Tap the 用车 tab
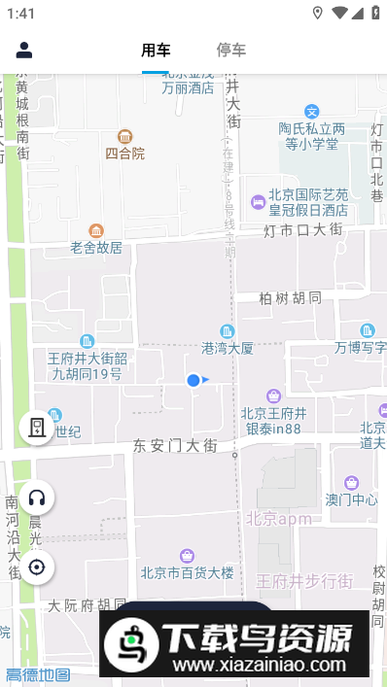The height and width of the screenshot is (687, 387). tap(156, 51)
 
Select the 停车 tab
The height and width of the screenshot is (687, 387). tap(231, 51)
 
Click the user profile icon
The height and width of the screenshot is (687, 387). tap(24, 51)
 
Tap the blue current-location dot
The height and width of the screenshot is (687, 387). tap(193, 380)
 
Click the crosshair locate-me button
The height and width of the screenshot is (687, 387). tap(37, 567)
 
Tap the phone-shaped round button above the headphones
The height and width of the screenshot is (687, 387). tap(37, 427)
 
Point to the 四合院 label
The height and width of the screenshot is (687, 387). tap(124, 153)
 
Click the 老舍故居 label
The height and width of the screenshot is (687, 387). tap(96, 247)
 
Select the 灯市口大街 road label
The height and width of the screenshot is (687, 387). tap(302, 230)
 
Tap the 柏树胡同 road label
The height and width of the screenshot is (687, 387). tap(291, 298)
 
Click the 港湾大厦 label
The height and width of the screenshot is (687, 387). tap(228, 347)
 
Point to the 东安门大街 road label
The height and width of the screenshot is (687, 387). tap(175, 445)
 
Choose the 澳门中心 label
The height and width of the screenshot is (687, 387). tap(351, 499)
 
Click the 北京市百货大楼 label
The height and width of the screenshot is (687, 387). tap(187, 571)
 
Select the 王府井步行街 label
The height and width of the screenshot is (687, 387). tap(303, 581)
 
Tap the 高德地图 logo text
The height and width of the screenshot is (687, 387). tap(38, 675)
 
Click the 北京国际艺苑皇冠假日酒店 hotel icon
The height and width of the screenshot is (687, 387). tap(258, 202)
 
